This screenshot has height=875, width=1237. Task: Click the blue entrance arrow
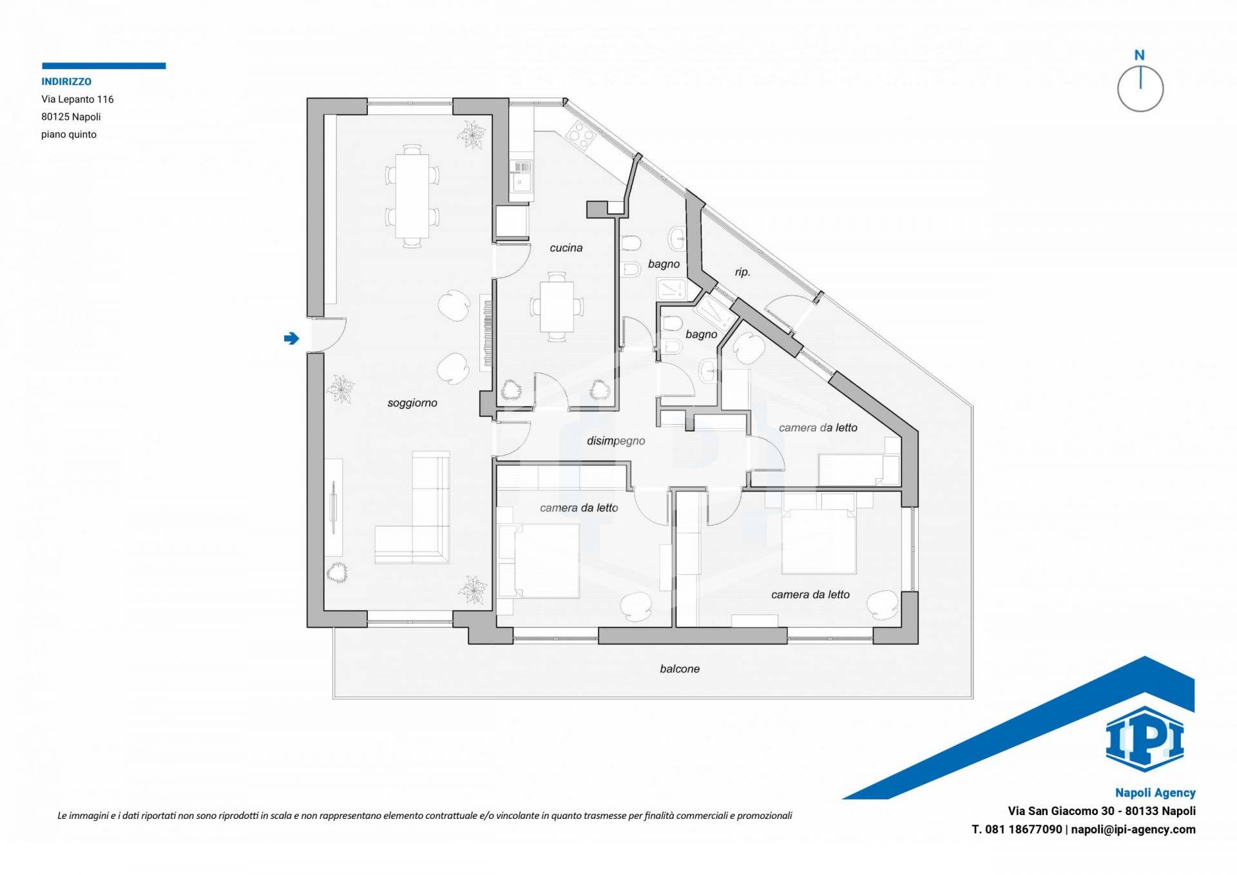pos(291,338)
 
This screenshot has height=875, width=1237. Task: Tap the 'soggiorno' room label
pos(412,403)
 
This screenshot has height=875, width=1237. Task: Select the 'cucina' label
pos(566,248)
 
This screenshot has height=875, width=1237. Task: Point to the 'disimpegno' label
pos(616,441)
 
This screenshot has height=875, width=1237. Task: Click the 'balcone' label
pos(680,669)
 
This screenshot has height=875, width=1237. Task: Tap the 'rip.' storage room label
pos(743,272)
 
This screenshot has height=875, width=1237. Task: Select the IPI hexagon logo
pos(1145,739)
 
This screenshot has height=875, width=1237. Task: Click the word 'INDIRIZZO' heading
pos(66,82)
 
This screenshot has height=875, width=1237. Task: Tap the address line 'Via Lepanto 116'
pos(77,99)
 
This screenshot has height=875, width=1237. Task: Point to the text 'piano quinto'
pos(69,135)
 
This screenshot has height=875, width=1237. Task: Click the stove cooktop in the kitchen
pos(580,136)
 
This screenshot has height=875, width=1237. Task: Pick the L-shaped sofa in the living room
pos(413,509)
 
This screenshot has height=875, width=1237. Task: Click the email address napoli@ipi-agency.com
pos(1133,830)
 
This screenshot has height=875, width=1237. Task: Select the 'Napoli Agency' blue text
pos(1155,793)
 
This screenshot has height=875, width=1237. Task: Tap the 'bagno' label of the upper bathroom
pos(664,264)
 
